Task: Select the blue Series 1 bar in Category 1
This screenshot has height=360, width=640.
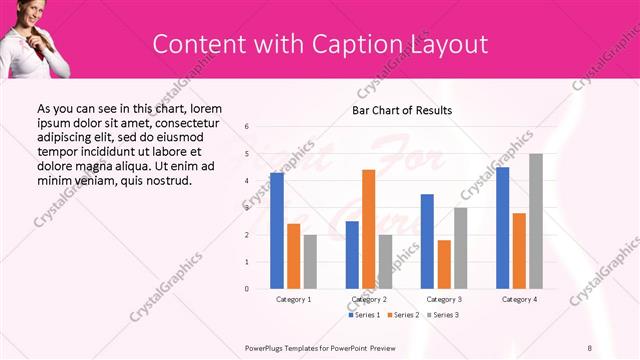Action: [x=277, y=231]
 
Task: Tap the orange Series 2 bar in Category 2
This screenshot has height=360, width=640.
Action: [x=368, y=229]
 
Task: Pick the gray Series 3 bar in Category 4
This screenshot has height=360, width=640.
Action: [x=536, y=221]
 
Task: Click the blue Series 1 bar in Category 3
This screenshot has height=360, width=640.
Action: [x=427, y=241]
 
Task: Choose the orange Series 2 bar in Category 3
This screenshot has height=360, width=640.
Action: [x=444, y=264]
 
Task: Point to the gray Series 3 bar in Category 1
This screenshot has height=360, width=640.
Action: [x=310, y=261]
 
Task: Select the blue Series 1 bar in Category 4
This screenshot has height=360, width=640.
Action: [x=502, y=228]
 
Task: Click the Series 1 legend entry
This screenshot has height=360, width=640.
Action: [x=364, y=315]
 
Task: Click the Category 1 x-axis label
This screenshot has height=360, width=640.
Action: [x=293, y=299]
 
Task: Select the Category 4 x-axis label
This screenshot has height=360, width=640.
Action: [x=519, y=299]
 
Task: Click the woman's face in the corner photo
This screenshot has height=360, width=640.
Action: [x=25, y=14]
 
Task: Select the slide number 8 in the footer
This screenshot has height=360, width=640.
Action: [x=590, y=347]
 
